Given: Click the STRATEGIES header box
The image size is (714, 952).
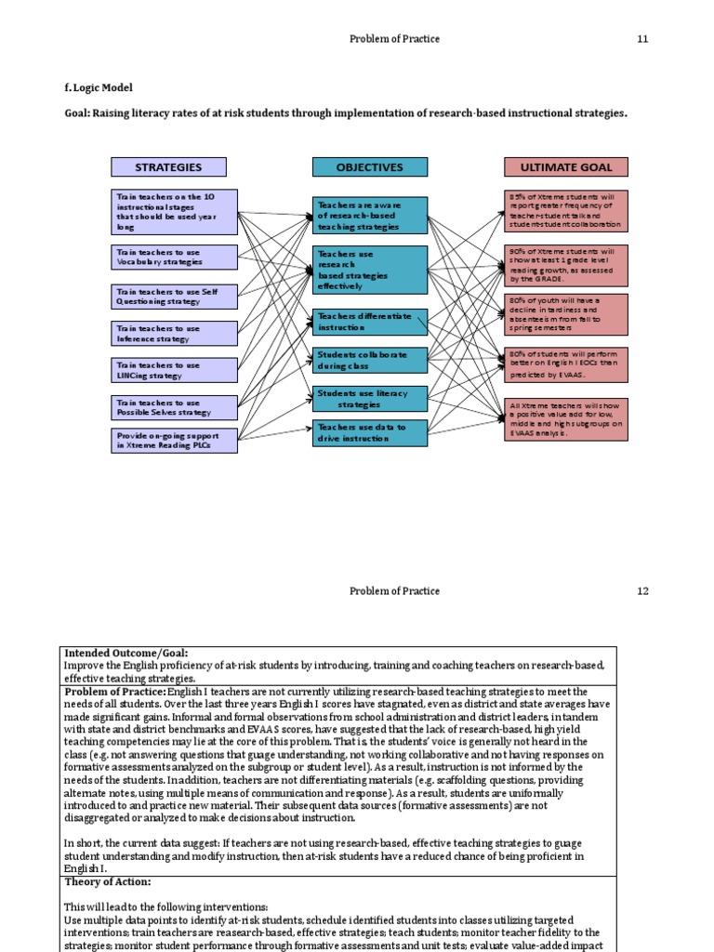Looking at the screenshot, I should pos(168,167).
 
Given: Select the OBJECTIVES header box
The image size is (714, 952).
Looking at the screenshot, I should pos(369,167).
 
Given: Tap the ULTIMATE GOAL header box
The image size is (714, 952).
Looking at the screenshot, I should pos(565,167).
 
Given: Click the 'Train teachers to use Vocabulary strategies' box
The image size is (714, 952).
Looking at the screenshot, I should pos(174,257).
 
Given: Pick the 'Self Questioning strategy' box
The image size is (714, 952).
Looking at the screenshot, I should pos(174,296).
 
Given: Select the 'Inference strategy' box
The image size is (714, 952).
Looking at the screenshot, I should pos(174,333).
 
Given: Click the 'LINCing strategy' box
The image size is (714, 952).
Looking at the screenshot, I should pos(174,370).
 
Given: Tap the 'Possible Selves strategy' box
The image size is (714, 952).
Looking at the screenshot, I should pos(174,407).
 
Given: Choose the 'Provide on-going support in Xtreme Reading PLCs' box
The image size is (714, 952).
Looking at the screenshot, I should pos(174,441).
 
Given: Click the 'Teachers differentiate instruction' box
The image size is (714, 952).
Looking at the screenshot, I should pos(369,322).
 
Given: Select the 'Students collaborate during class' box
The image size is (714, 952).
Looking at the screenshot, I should pos(369,360).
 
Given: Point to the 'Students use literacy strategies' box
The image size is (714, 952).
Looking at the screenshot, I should pos(369,399).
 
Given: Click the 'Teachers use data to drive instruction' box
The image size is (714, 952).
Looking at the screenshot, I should pos(369,431).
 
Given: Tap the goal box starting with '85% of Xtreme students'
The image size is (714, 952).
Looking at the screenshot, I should pos(566,211).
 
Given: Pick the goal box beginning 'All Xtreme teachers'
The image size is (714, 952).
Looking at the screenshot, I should pos(566,419).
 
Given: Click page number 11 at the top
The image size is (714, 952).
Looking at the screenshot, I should pos(642,38).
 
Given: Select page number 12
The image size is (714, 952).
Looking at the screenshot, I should pos(642,591).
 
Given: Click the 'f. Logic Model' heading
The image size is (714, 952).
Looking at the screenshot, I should pos(99,87).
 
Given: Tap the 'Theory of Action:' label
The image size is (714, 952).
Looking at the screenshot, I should pos(107,881).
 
